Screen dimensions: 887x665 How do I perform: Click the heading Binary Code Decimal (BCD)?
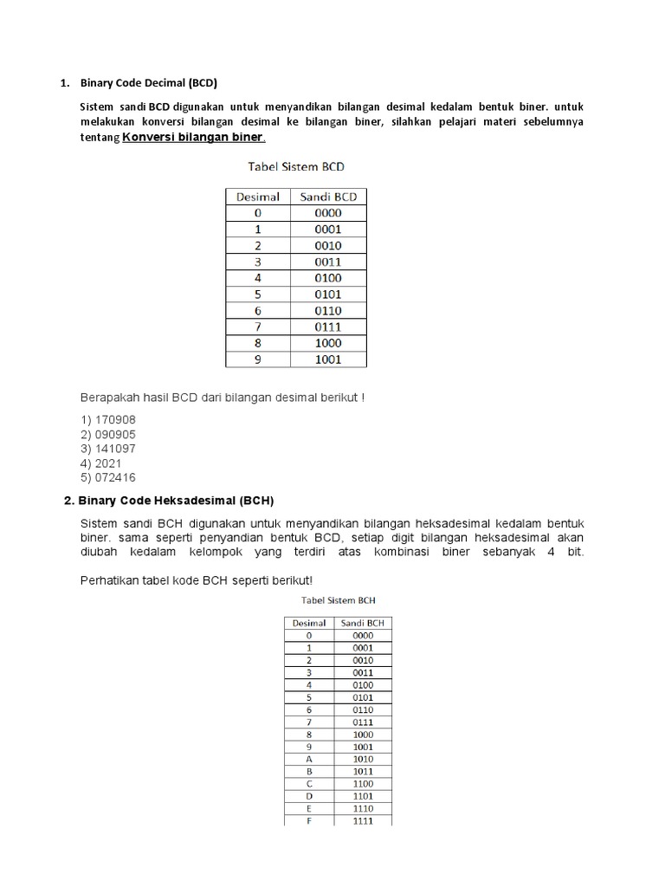pyautogui.click(x=148, y=83)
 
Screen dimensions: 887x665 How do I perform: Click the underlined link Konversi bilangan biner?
pyautogui.click(x=194, y=138)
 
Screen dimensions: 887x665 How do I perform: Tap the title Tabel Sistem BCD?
pyautogui.click(x=296, y=166)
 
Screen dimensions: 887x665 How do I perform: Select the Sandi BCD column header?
pyautogui.click(x=328, y=197)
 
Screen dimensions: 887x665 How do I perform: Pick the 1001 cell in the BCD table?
pyautogui.click(x=328, y=359)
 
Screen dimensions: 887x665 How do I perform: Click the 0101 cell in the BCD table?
pyautogui.click(x=328, y=295)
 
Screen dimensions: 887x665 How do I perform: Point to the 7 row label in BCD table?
pyautogui.click(x=258, y=327)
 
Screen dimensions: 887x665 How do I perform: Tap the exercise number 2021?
pyautogui.click(x=102, y=463)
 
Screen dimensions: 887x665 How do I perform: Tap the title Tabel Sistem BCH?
pyautogui.click(x=338, y=599)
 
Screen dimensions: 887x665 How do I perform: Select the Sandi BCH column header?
pyautogui.click(x=363, y=623)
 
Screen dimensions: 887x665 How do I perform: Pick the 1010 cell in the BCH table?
pyautogui.click(x=363, y=758)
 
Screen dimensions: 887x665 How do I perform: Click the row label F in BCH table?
pyautogui.click(x=309, y=820)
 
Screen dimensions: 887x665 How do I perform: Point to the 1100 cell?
pyautogui.click(x=363, y=783)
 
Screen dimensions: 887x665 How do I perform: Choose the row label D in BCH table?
pyautogui.click(x=309, y=795)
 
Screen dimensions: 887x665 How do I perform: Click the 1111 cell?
pyautogui.click(x=363, y=820)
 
